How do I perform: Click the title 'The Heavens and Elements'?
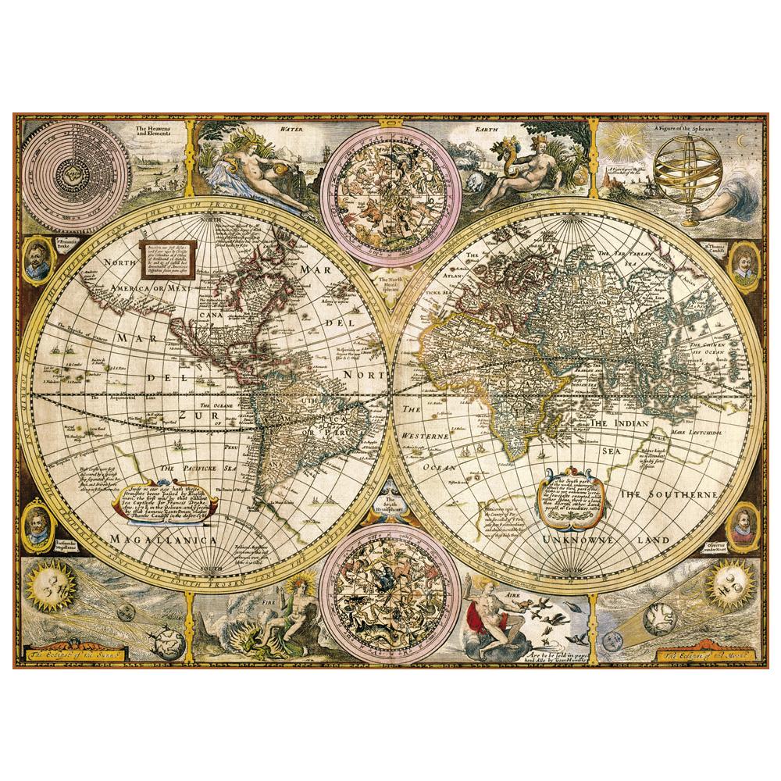153,130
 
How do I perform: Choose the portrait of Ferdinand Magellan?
36,521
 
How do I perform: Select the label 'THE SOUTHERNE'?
668,495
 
